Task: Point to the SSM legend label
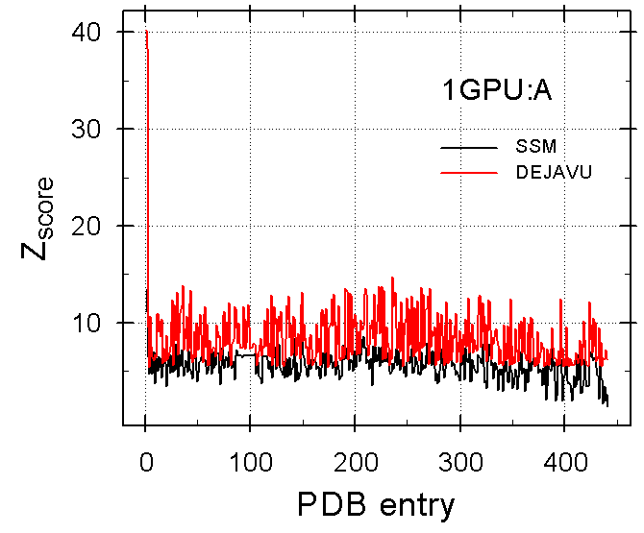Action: coord(533,147)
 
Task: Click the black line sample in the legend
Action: coord(467,148)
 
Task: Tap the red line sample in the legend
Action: coord(467,173)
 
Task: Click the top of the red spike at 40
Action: coord(146,32)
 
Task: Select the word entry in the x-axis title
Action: coord(412,502)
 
